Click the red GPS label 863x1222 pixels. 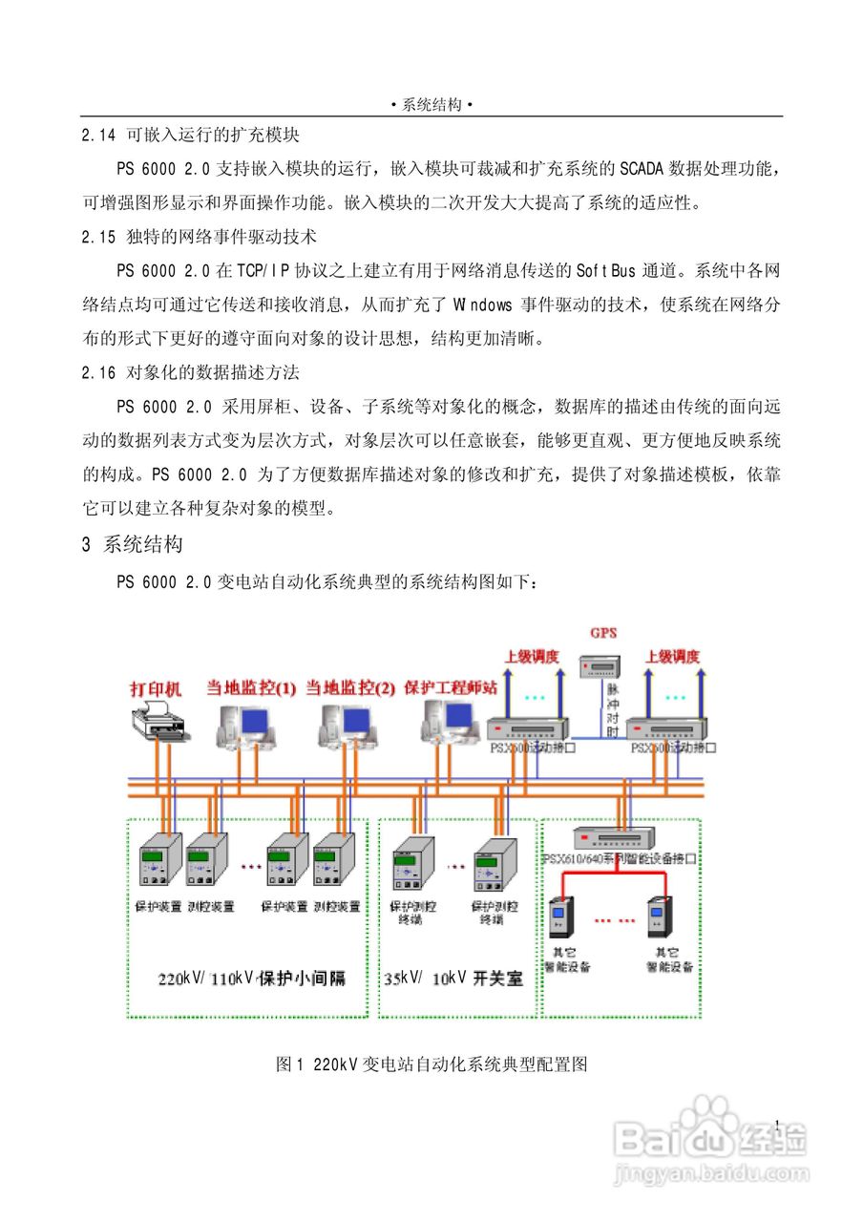603,633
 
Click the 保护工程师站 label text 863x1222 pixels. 451,686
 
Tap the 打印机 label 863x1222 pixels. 157,687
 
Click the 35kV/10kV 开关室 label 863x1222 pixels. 453,979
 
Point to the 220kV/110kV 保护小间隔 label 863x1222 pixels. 251,979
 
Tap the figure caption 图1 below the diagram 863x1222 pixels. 431,1064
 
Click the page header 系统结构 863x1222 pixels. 431,105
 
